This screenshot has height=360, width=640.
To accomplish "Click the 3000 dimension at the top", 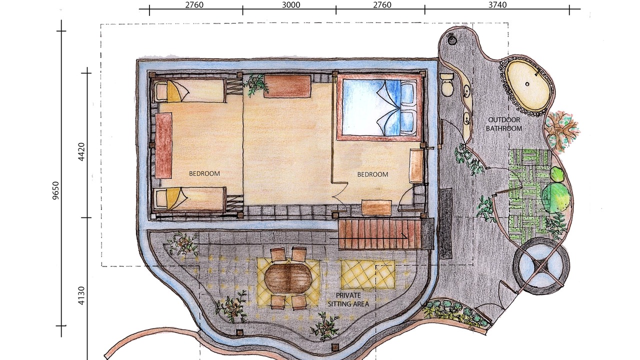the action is [x=291, y=5].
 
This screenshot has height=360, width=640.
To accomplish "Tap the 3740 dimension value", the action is [x=497, y=5].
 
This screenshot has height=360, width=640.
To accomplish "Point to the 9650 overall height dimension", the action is [x=55, y=190].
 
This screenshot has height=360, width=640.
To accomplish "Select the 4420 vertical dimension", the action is [x=81, y=151].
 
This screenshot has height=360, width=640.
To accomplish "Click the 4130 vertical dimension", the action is [x=81, y=295].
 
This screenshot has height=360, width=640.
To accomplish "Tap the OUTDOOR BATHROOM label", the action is [x=504, y=124].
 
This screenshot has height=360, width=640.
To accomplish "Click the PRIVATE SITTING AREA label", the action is [x=348, y=299].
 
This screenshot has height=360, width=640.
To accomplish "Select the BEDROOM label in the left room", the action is [x=204, y=173].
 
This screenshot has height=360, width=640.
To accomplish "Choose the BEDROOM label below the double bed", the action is [x=372, y=174].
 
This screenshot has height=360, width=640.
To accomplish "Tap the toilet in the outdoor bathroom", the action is [x=447, y=83].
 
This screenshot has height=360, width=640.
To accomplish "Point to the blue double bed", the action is [x=379, y=107].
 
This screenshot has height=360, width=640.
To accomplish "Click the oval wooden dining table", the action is [x=288, y=277].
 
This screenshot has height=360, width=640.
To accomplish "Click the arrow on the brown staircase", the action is [x=368, y=237].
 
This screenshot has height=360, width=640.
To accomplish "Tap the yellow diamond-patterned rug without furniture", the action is [x=367, y=274].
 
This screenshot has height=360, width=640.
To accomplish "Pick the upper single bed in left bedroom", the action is [x=188, y=90].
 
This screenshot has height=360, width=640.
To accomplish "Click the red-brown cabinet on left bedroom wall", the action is [x=163, y=145].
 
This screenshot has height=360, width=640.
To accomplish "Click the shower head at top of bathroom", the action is [x=451, y=39].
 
